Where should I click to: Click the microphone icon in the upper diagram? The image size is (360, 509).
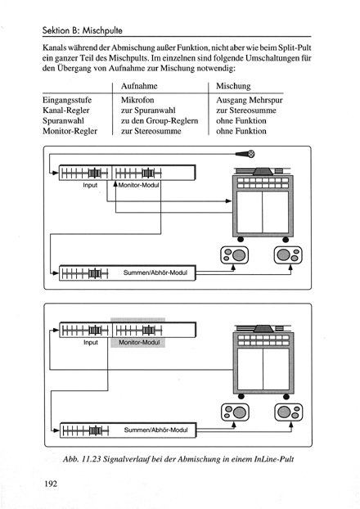[x=245, y=154]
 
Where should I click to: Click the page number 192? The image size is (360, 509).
[x=50, y=484]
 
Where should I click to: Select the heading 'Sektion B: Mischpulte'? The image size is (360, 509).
[x=83, y=30]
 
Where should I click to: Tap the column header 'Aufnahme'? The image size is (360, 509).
[x=139, y=86]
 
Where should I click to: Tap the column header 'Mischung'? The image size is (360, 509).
[x=233, y=86]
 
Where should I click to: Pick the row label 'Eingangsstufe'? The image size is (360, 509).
[x=67, y=100]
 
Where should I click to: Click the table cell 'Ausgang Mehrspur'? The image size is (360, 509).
[x=250, y=100]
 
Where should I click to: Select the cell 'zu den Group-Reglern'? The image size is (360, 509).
[x=160, y=121]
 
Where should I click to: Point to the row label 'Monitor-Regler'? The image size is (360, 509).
[x=70, y=131]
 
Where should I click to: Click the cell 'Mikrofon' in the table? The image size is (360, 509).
[x=137, y=100]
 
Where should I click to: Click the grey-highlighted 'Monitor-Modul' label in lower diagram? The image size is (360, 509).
[x=139, y=343]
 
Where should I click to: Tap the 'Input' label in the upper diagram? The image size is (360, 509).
[x=90, y=185]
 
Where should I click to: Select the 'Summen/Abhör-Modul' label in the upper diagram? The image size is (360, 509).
[x=155, y=273]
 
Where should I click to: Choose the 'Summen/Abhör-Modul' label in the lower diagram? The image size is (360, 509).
[x=155, y=430]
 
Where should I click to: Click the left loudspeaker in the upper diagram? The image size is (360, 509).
[x=234, y=255]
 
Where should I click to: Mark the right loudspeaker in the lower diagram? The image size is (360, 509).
[x=289, y=412]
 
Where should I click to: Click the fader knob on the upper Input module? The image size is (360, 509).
[x=94, y=173]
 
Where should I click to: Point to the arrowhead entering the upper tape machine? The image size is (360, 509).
[x=228, y=201]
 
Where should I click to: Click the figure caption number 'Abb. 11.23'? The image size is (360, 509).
[x=81, y=459]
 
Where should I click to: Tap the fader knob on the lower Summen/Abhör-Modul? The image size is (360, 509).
[x=95, y=430]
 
